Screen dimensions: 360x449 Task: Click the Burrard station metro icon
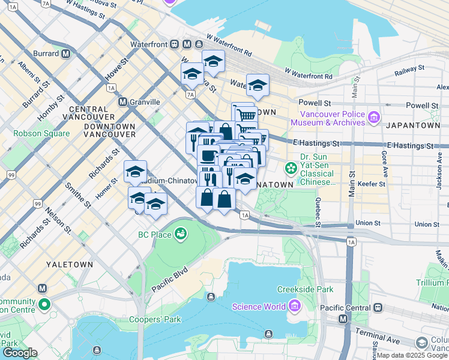(65, 53)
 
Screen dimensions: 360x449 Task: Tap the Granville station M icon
(122, 102)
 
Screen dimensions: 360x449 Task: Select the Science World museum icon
(294, 307)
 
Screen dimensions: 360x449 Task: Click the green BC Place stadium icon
(180, 234)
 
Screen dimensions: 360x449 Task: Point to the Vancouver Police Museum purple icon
(375, 116)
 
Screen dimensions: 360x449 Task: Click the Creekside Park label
(305, 290)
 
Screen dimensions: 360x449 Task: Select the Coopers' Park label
(155, 319)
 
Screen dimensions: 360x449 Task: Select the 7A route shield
(190, 94)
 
